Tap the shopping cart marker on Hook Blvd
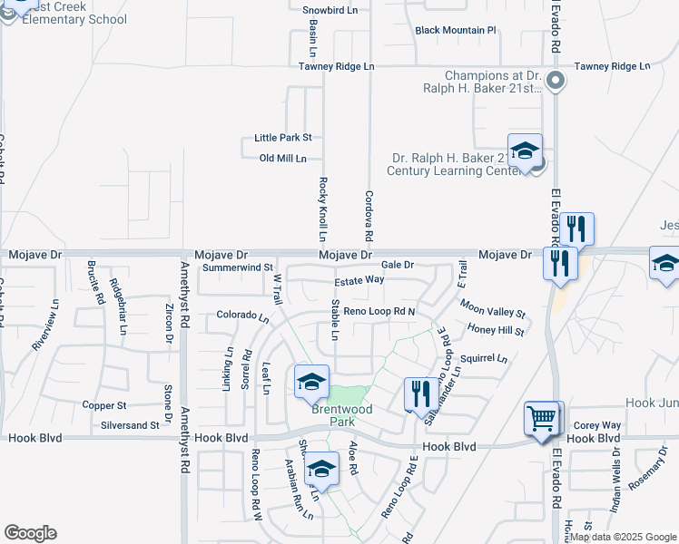pyautogui.click(x=543, y=419)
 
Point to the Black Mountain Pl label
pyautogui.click(x=456, y=30)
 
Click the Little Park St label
pyautogui.click(x=283, y=138)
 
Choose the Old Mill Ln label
pyautogui.click(x=283, y=159)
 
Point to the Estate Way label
pyautogui.click(x=360, y=280)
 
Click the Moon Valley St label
pyautogui.click(x=493, y=311)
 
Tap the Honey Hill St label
pyautogui.click(x=496, y=331)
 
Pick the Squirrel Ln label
pyautogui.click(x=484, y=358)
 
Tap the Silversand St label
pyautogui.click(x=130, y=424)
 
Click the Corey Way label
pyautogui.click(x=596, y=425)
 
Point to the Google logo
pyautogui.click(x=30, y=533)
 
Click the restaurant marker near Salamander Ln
pyautogui.click(x=419, y=394)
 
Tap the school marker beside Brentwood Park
pyautogui.click(x=311, y=381)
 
